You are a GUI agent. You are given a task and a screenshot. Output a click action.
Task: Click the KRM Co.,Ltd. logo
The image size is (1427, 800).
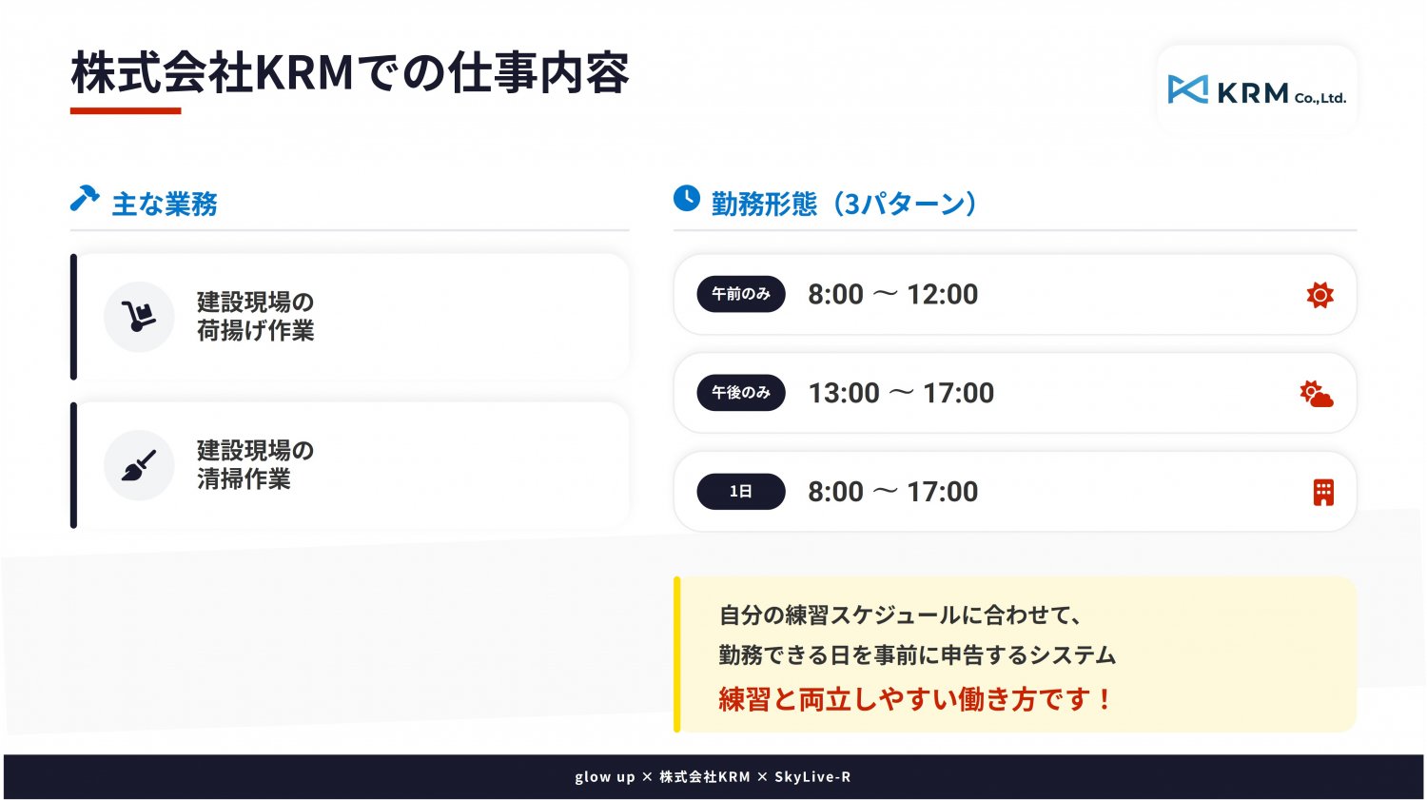pyautogui.click(x=1257, y=90)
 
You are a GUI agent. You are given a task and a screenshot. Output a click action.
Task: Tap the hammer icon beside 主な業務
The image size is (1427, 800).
pyautogui.click(x=85, y=198)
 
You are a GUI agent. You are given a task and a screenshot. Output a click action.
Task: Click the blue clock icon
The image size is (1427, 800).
pyautogui.click(x=687, y=198)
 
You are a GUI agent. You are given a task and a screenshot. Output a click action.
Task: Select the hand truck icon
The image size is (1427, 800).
pyautogui.click(x=139, y=317)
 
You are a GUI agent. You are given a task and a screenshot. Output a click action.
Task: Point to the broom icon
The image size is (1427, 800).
pyautogui.click(x=139, y=465)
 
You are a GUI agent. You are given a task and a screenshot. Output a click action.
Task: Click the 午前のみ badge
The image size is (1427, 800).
pyautogui.click(x=741, y=294)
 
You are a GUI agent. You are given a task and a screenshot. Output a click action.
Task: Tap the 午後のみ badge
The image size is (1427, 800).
pyautogui.click(x=741, y=393)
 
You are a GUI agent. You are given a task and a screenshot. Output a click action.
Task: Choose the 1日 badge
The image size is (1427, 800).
pyautogui.click(x=741, y=492)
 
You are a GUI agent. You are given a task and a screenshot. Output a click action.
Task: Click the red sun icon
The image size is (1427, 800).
pyautogui.click(x=1320, y=295)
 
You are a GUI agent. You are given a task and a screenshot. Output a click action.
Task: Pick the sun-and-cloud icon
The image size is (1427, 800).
pyautogui.click(x=1317, y=394)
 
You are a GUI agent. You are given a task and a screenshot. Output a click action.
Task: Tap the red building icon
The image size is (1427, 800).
pyautogui.click(x=1324, y=493)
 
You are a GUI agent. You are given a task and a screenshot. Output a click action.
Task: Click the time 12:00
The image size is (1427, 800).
pyautogui.click(x=942, y=294)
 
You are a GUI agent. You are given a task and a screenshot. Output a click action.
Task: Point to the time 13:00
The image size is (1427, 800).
pyautogui.click(x=844, y=393)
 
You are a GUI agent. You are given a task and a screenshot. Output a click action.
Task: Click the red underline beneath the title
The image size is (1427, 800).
pyautogui.click(x=126, y=111)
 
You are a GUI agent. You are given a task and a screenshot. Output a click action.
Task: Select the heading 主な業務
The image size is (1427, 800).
pyautogui.click(x=165, y=205)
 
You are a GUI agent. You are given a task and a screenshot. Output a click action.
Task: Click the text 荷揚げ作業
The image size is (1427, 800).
pyautogui.click(x=256, y=331)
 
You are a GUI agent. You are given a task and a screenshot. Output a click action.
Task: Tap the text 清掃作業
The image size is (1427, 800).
pyautogui.click(x=244, y=479)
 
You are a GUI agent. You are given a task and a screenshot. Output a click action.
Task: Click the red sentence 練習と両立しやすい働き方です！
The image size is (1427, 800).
pyautogui.click(x=915, y=699)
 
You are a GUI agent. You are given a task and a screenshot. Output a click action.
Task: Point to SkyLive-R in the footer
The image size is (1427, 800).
pyautogui.click(x=812, y=777)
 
